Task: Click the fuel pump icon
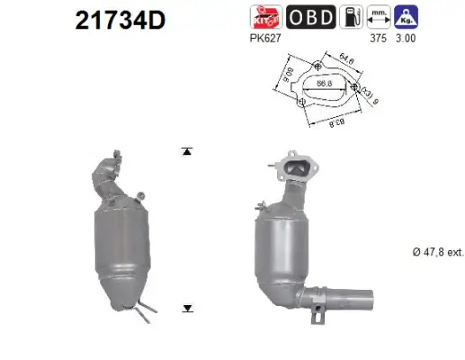[x=350, y=16]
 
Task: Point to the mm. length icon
[x=380, y=16]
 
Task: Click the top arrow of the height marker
[x=187, y=151]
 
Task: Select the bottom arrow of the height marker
[x=187, y=308]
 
